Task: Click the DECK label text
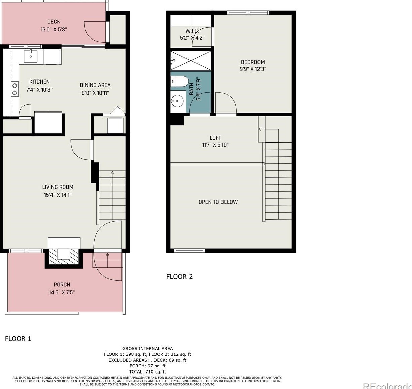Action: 54,22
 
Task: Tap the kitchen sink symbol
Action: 31,56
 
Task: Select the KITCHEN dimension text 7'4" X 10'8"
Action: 39,90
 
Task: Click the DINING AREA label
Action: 95,85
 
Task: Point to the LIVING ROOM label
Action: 58,187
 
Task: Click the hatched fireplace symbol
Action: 64,258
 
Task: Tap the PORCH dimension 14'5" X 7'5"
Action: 62,292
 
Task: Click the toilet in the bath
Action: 179,82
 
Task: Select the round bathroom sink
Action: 177,100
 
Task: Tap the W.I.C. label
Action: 192,31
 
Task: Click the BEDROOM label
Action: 253,62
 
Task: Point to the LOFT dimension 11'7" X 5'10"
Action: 215,145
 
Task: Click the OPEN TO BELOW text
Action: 218,202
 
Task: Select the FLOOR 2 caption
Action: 179,277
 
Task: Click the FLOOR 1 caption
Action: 18,338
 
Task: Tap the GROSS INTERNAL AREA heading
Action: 147,349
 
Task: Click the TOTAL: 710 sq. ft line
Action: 147,372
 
